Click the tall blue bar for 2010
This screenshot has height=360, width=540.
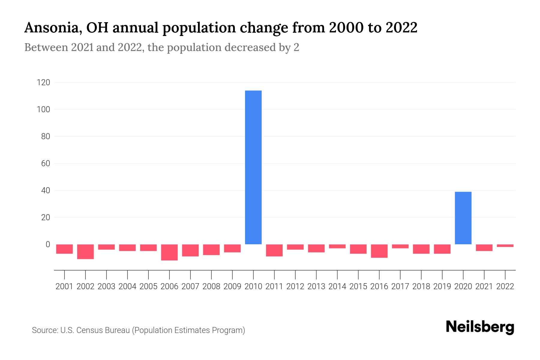tap(253, 167)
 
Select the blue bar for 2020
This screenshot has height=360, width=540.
tap(463, 218)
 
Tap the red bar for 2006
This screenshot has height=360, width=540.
tap(169, 252)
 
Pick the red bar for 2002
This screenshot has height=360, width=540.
tap(85, 252)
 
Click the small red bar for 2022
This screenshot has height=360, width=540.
tap(505, 246)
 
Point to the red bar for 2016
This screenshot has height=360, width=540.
tap(379, 251)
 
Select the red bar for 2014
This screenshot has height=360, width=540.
tap(337, 246)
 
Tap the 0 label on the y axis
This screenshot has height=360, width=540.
tap(48, 244)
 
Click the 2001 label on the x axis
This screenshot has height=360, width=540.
tap(64, 286)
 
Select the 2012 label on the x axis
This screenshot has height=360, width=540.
tap(295, 286)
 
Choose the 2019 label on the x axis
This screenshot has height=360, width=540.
tap(442, 286)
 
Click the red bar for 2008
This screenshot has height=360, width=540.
tap(211, 250)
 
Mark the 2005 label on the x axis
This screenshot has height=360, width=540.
tap(148, 286)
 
